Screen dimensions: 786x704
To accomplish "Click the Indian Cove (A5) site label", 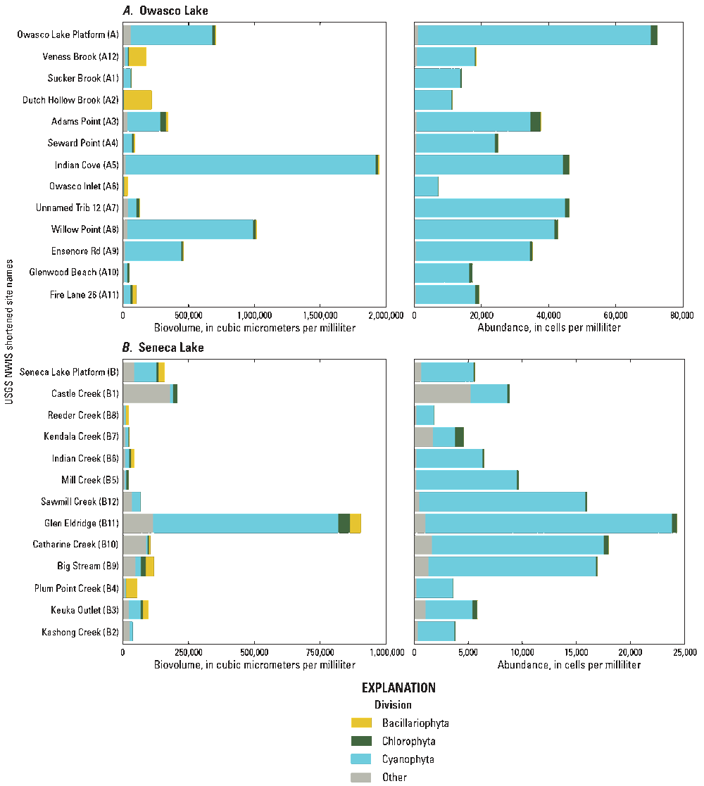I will click(x=87, y=165).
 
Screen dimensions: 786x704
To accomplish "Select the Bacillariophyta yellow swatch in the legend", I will click(x=361, y=723).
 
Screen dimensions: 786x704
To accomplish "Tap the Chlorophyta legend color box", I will click(x=361, y=741).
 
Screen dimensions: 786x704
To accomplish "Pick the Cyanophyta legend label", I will click(x=408, y=759).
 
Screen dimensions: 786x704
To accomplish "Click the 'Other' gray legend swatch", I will click(x=361, y=778).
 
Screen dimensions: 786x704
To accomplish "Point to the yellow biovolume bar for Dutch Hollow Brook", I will click(x=137, y=100).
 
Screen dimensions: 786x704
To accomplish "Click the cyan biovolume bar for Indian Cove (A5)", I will click(x=250, y=165).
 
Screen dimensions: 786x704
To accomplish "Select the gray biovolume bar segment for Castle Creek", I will click(x=146, y=394).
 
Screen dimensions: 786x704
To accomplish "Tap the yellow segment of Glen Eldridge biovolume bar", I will click(x=356, y=524).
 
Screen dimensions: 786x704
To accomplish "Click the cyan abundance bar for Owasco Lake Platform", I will click(x=534, y=35).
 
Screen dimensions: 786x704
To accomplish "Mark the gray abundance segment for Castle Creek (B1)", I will click(x=442, y=394).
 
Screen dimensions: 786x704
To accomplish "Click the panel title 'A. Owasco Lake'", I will click(x=165, y=11).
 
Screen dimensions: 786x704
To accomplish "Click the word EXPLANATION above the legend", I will click(x=398, y=687).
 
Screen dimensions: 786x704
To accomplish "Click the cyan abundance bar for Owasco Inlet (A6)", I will click(x=426, y=186).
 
